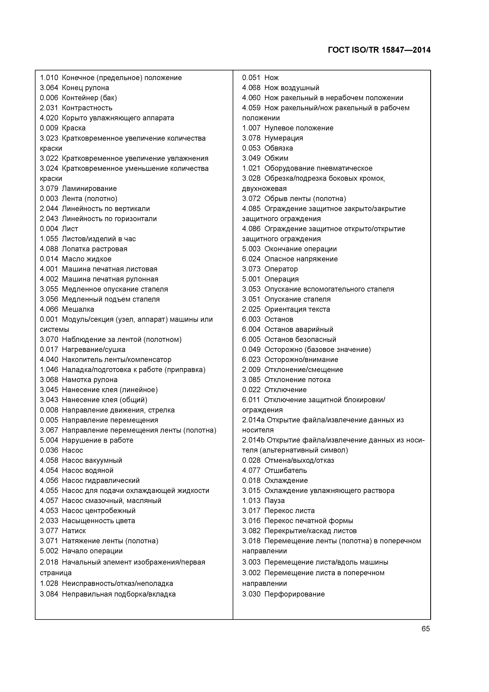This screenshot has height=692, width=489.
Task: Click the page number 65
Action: pyautogui.click(x=426, y=628)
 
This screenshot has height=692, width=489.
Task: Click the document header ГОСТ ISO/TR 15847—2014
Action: pyautogui.click(x=379, y=50)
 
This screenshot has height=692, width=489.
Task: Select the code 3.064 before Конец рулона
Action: pyautogui.click(x=49, y=88)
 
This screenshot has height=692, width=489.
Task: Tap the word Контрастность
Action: pyautogui.click(x=87, y=108)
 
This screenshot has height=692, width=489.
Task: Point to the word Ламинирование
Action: pyautogui.click(x=89, y=188)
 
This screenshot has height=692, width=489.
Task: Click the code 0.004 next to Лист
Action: pyautogui.click(x=49, y=229)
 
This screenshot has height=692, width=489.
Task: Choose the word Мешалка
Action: pyautogui.click(x=78, y=309)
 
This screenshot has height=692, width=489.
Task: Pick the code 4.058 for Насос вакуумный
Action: pyautogui.click(x=49, y=460)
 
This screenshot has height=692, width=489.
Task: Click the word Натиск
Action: pyautogui.click(x=74, y=531)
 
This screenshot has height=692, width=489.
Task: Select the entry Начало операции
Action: pyautogui.click(x=92, y=551)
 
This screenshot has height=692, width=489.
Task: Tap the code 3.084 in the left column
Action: pyautogui.click(x=49, y=594)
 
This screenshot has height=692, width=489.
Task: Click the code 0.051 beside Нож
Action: pyautogui.click(x=251, y=78)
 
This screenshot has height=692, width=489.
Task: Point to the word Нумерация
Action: pyautogui.click(x=284, y=138)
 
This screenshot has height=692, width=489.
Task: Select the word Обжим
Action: pyautogui.click(x=276, y=158)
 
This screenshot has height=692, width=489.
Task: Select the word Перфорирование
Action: pyautogui.click(x=295, y=594)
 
